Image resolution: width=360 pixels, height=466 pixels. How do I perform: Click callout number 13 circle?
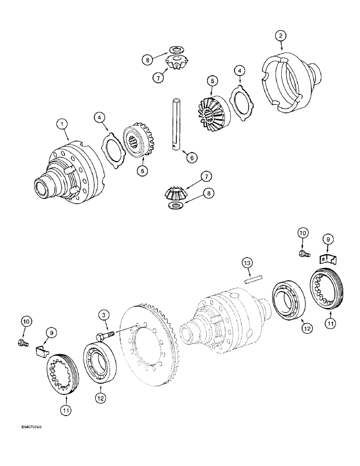pos(247,264)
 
